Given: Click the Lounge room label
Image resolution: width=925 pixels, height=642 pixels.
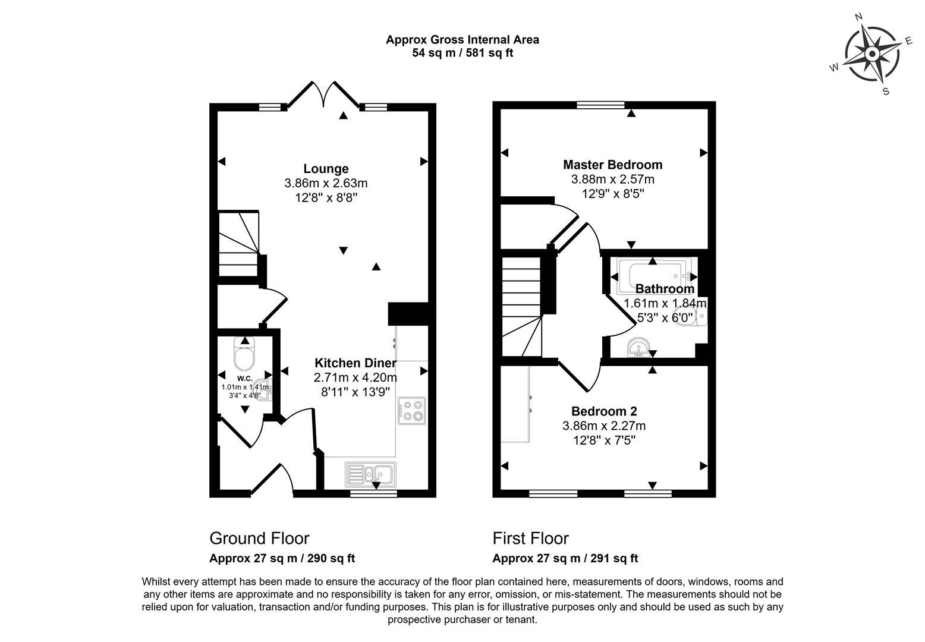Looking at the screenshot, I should pyautogui.click(x=326, y=169).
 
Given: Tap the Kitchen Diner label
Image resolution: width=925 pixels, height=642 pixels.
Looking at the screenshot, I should pyautogui.click(x=355, y=363).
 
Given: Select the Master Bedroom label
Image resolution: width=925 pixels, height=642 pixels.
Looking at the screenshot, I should pyautogui.click(x=612, y=165).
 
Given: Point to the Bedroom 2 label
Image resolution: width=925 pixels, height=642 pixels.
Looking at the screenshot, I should pyautogui.click(x=604, y=411).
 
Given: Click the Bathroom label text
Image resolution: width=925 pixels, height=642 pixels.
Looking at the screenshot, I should pyautogui.click(x=665, y=289).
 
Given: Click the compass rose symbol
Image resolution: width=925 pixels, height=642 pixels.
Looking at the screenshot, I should pyautogui.click(x=872, y=55).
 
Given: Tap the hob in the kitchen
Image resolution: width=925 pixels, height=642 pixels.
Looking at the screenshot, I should pyautogui.click(x=412, y=410).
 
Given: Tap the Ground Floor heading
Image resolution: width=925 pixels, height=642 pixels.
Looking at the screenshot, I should pyautogui.click(x=259, y=539).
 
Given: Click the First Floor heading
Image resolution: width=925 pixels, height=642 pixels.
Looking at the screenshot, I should pyautogui.click(x=530, y=539).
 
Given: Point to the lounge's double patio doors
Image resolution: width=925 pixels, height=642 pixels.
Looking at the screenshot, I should pyautogui.click(x=323, y=95).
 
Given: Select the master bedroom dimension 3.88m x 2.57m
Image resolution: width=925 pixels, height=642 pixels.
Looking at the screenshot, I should pyautogui.click(x=612, y=179).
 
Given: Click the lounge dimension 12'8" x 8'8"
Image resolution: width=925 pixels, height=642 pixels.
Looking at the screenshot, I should pyautogui.click(x=326, y=197).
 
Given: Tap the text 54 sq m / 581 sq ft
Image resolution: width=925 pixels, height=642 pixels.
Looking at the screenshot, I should pyautogui.click(x=462, y=53).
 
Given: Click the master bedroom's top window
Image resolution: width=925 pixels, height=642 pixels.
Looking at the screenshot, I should pyautogui.click(x=600, y=105).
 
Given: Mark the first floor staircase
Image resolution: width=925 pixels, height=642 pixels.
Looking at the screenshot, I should pyautogui.click(x=521, y=306).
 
